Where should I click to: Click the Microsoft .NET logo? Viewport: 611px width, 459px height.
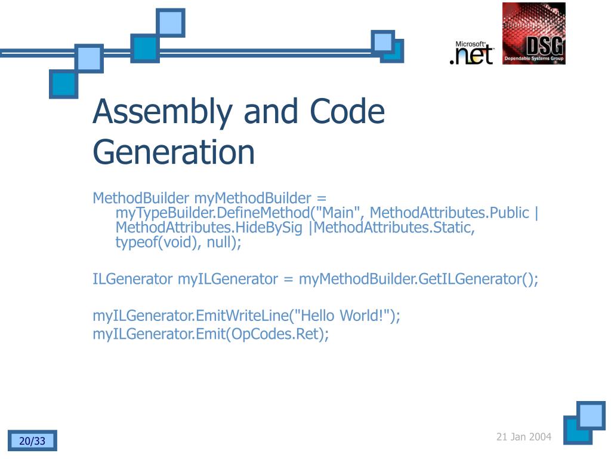(x=471, y=53)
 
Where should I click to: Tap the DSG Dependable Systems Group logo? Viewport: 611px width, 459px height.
(x=533, y=33)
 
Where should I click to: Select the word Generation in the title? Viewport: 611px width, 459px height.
(x=174, y=152)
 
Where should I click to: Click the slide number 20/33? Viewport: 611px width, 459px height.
(x=32, y=441)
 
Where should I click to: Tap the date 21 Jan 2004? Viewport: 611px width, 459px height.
(x=524, y=437)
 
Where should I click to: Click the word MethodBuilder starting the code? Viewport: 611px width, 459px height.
(x=141, y=198)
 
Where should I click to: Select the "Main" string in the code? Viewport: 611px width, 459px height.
(x=344, y=213)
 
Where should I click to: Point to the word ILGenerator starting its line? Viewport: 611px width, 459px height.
(x=132, y=279)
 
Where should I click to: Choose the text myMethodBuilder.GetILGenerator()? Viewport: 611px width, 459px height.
(x=418, y=279)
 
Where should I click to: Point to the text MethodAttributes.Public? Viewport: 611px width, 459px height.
(x=449, y=213)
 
